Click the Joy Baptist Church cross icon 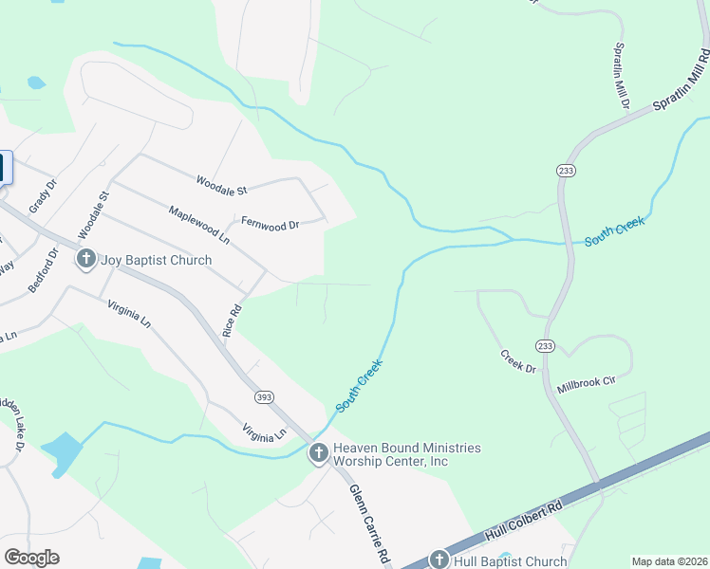point(86,259)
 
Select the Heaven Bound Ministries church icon point(319,454)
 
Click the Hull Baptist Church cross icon point(439,560)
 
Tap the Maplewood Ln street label point(198,222)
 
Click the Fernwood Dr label point(271,225)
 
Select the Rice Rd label point(232,321)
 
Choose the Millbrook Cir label point(587,383)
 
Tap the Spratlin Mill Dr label point(620,76)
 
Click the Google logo point(31,558)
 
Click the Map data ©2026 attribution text point(669,561)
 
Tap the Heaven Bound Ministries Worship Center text point(406,454)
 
